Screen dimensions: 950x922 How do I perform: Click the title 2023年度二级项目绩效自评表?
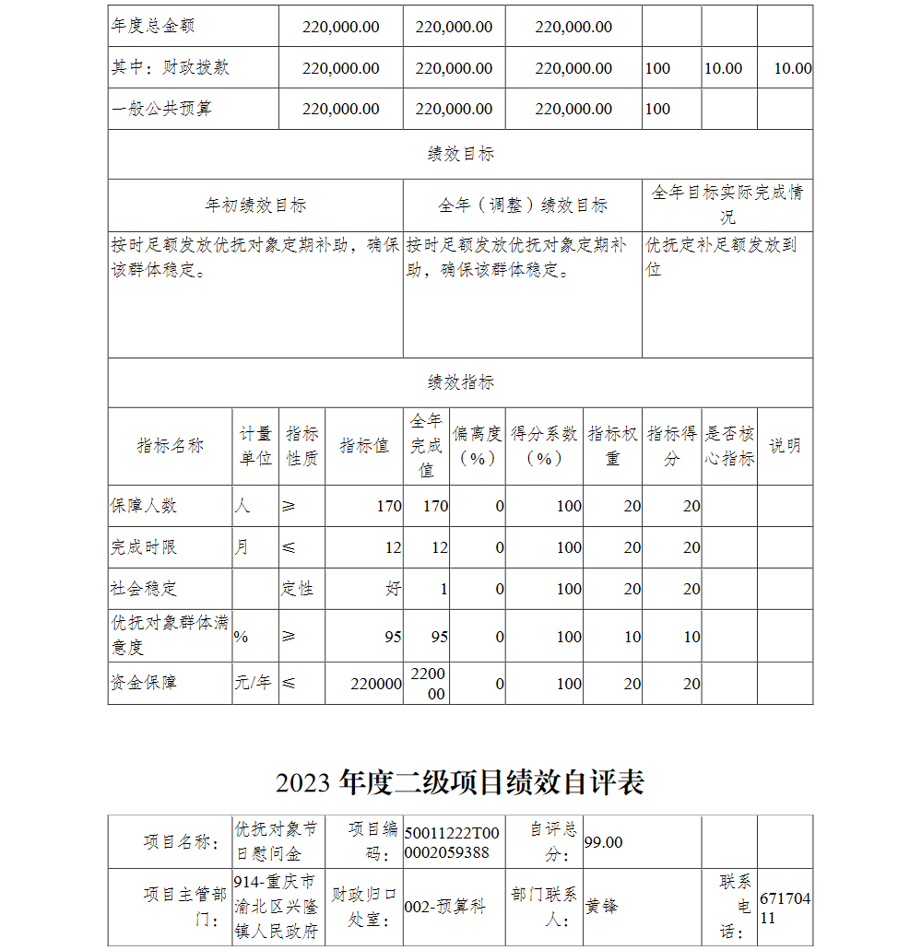[x=459, y=782]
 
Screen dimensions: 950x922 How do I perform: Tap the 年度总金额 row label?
[x=153, y=27]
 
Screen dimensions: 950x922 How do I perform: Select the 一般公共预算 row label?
[x=161, y=109]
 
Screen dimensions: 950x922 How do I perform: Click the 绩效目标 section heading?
[x=460, y=154]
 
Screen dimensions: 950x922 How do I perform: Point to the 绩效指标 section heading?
[x=460, y=382]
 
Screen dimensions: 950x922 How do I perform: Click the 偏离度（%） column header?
[x=477, y=446]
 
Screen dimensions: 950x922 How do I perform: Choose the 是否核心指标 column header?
[x=729, y=446]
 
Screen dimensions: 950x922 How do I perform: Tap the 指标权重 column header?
[x=613, y=446]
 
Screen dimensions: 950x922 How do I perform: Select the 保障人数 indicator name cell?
[x=144, y=506]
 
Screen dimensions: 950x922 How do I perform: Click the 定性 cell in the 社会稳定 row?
[x=298, y=589]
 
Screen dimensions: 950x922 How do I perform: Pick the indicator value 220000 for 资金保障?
[x=375, y=684]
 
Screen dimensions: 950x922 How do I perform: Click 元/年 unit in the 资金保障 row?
[x=253, y=683]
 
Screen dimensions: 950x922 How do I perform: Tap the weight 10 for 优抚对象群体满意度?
[x=632, y=637]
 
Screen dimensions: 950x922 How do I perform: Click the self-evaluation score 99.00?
[x=604, y=842]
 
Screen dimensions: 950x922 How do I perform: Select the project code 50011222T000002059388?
[x=453, y=842]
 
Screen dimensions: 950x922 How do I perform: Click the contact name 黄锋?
[x=602, y=906]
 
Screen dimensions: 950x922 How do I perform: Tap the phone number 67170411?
[x=785, y=908]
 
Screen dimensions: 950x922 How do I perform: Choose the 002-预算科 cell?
[x=444, y=907]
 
